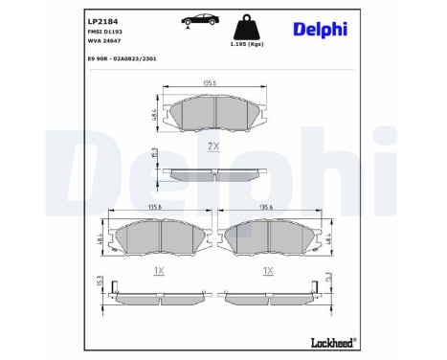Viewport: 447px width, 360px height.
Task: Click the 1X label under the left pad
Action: (159, 271)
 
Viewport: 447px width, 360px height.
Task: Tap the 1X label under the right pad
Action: (267, 271)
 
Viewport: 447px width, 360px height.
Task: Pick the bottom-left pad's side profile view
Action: (158, 292)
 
